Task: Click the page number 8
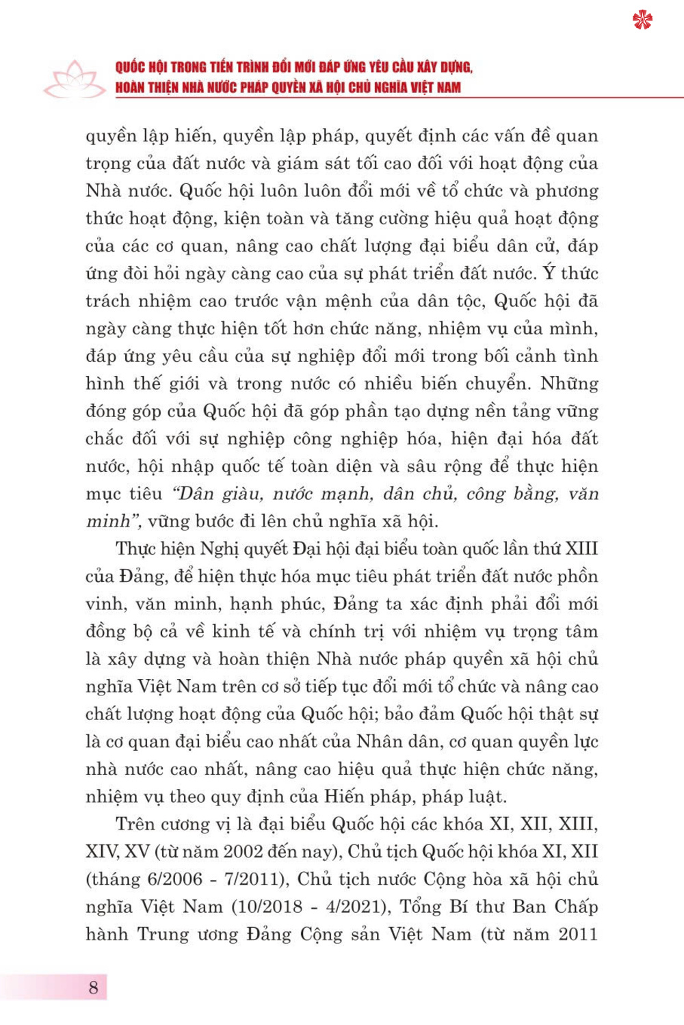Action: coord(94,987)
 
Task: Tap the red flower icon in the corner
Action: coord(642,20)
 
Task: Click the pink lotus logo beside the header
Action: coord(74,79)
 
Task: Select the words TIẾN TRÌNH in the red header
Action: coord(233,67)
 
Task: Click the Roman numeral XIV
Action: coord(102,851)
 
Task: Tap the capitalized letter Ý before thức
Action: coord(549,273)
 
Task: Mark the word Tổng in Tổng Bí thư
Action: coord(420,906)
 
